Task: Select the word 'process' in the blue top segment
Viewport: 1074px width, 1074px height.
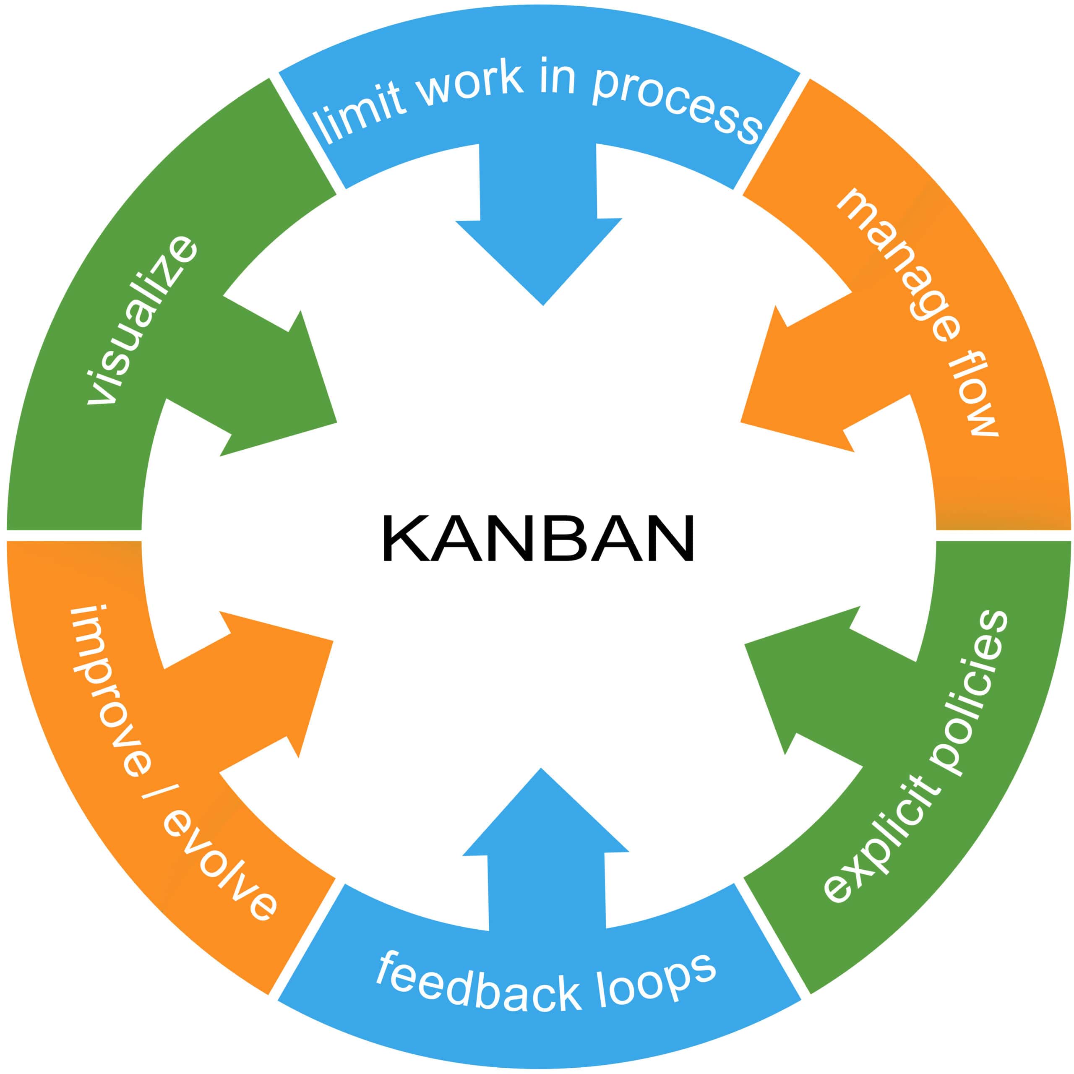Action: [x=676, y=103]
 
